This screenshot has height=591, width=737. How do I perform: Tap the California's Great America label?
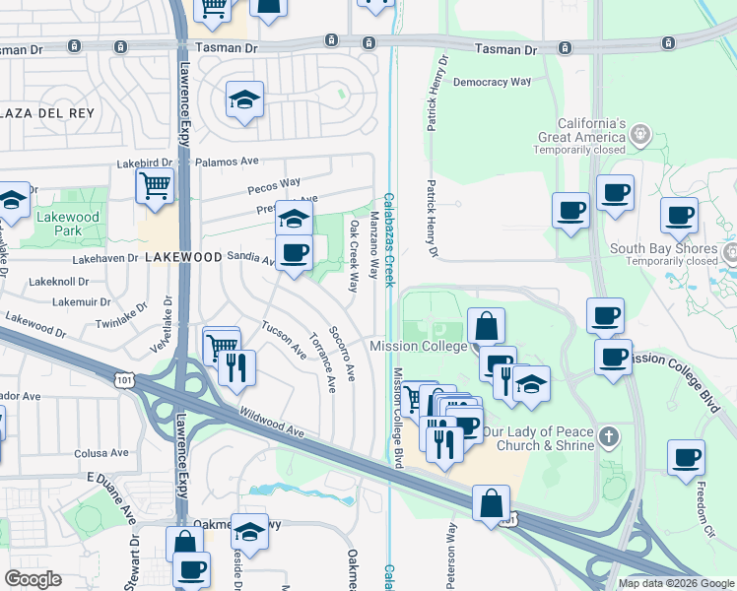pos(581,137)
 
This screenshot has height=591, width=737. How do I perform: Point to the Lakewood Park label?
pos(68,224)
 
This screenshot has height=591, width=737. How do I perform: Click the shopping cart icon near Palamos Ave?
pos(156,184)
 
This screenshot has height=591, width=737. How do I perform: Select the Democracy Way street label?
pos(492,82)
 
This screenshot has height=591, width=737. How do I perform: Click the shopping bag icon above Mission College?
pos(486,324)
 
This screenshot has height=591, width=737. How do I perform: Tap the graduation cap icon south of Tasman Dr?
pos(243,98)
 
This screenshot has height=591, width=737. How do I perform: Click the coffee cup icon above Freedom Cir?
pos(686,457)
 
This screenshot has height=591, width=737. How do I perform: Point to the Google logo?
pos(33,579)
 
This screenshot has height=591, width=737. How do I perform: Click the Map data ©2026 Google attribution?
pos(677,583)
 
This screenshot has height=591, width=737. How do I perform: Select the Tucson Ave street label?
pos(284,340)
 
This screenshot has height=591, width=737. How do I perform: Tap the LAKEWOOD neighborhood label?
pos(183,256)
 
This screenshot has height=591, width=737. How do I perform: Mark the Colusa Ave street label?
pos(101,454)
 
